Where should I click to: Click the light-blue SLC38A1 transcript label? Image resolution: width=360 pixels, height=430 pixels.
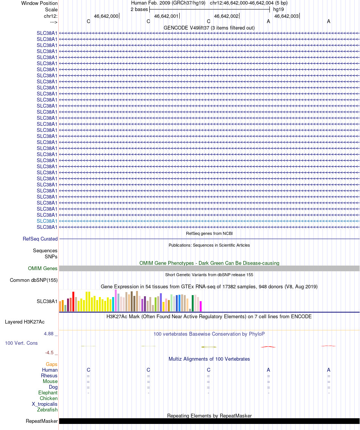pyautogui.click(x=47, y=221)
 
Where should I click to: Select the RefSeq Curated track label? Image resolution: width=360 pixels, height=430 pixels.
pyautogui.click(x=40, y=239)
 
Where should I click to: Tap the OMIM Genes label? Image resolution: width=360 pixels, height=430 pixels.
pyautogui.click(x=43, y=268)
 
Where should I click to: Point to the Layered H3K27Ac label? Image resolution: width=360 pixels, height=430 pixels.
pyautogui.click(x=25, y=322)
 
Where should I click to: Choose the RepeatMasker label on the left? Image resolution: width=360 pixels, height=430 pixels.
pyautogui.click(x=42, y=421)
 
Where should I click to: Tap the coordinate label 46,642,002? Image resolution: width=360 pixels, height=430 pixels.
pyautogui.click(x=226, y=16)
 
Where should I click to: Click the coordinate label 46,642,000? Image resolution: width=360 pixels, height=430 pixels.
pyautogui.click(x=106, y=16)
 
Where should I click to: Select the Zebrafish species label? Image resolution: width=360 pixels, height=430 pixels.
pyautogui.click(x=47, y=410)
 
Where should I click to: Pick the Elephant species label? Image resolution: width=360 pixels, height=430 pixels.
pyautogui.click(x=48, y=393)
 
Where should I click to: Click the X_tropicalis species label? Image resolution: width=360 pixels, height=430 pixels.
pyautogui.click(x=45, y=404)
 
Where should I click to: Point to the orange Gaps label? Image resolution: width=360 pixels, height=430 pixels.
pyautogui.click(x=52, y=364)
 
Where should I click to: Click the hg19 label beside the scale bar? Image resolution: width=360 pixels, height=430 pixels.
pyautogui.click(x=279, y=9)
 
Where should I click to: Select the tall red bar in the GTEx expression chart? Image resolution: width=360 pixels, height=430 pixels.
pyautogui.click(x=74, y=302)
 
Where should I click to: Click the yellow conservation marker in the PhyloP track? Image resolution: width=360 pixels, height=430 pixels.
pyautogui.click(x=209, y=347)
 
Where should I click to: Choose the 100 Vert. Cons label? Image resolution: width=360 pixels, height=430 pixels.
pyautogui.click(x=21, y=343)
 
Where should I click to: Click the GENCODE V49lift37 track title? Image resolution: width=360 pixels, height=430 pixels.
pyautogui.click(x=209, y=28)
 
